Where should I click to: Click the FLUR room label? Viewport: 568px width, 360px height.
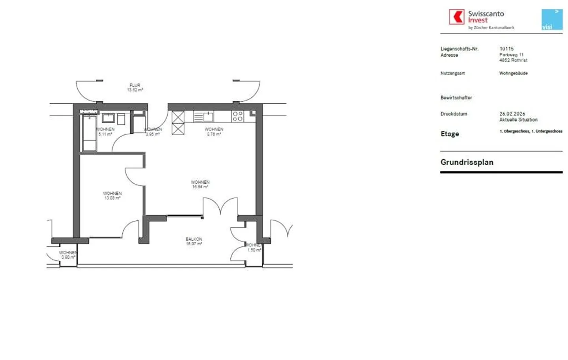pos(135,85)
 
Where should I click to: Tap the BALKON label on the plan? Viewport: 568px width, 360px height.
pos(194,239)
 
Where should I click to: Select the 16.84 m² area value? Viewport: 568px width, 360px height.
pos(200,187)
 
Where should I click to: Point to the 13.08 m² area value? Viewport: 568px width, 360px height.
pos(112,198)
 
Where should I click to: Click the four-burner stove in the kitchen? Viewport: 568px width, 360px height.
pos(237,116)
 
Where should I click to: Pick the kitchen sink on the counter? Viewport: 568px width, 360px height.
pos(208,116)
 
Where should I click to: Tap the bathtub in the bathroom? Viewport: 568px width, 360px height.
pos(90,133)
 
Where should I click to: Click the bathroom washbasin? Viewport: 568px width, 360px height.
pos(108,118)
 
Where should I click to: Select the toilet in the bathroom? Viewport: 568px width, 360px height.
pos(121,119)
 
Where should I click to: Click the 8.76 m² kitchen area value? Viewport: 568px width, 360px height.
pos(214,134)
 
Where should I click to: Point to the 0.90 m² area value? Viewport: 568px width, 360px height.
pos(68,257)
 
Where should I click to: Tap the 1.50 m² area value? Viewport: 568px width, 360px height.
pos(254,250)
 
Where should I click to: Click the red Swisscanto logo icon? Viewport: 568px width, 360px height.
pos(456,17)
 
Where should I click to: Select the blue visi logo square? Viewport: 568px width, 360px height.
pos(552,19)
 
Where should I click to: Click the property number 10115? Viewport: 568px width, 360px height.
pos(506,49)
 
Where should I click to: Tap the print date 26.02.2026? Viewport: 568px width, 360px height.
pos(512,114)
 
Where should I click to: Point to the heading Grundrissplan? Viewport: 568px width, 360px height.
pos(467,162)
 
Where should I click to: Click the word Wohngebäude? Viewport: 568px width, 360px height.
pos(513,73)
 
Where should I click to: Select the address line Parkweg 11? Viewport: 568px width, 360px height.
pos(511,55)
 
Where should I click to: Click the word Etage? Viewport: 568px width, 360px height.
pos(450,134)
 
